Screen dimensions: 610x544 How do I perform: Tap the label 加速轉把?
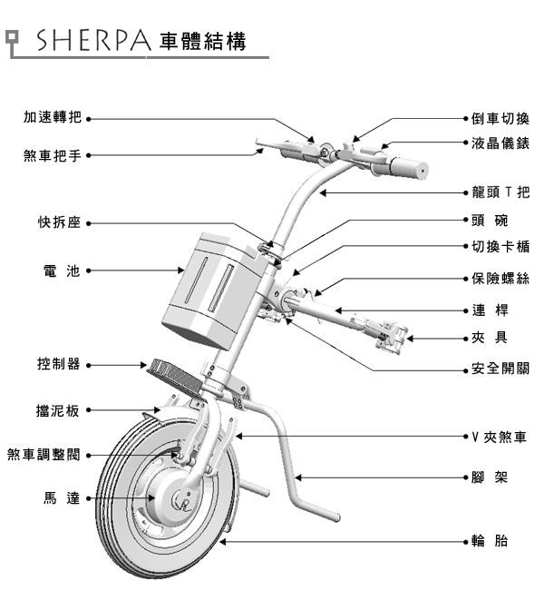pos(53,118)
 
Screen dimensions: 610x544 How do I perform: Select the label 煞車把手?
pos(53,155)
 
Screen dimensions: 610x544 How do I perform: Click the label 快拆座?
pos(61,223)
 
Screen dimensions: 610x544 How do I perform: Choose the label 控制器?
pos(59,364)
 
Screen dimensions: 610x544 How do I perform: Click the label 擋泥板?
pos(59,410)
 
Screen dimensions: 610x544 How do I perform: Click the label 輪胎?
pos(489,542)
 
